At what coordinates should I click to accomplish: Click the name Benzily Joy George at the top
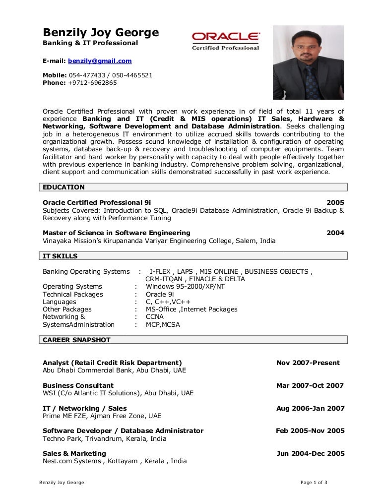[101, 33]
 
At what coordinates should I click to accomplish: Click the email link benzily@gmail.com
[100, 61]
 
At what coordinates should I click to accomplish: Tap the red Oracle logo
[226, 37]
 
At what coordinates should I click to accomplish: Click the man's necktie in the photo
[312, 82]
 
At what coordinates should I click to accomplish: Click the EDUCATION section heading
[64, 187]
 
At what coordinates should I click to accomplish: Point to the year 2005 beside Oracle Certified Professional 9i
[335, 202]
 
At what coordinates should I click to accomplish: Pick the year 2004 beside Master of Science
[335, 233]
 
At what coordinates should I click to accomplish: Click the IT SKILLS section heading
[61, 256]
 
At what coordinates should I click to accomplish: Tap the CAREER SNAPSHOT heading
[77, 340]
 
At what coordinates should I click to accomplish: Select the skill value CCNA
[155, 316]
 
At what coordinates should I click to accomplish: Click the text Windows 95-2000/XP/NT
[185, 286]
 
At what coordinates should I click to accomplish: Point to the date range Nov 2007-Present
[308, 363]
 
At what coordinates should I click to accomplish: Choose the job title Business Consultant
[78, 385]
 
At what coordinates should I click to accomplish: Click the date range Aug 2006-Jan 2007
[310, 408]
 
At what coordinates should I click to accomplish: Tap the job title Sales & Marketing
[74, 453]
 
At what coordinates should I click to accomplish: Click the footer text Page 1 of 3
[314, 483]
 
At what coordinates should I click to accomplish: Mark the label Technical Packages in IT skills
[73, 294]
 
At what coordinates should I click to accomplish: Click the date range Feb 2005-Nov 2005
[310, 431]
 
